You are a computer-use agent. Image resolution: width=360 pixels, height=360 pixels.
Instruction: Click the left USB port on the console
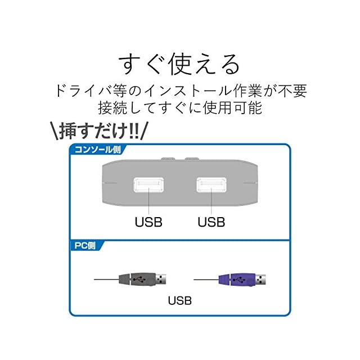click(148, 185)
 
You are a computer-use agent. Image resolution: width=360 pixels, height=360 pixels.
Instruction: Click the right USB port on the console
click(211, 185)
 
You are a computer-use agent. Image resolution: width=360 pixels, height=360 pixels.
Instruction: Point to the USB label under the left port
click(148, 221)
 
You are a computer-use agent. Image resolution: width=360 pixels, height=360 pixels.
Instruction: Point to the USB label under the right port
click(211, 221)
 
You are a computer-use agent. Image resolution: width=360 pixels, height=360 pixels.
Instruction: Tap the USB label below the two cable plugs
click(180, 300)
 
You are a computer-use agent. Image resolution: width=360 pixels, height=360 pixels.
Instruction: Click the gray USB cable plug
click(136, 278)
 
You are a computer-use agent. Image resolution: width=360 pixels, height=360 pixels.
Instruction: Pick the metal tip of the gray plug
click(162, 278)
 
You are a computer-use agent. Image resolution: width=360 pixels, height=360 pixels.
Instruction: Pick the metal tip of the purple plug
click(262, 278)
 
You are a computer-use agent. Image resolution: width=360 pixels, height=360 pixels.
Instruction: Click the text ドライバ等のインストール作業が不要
click(180, 90)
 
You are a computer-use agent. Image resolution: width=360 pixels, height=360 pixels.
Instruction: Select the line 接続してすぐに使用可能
click(180, 107)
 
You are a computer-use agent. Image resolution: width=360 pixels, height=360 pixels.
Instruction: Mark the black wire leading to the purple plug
click(205, 278)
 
